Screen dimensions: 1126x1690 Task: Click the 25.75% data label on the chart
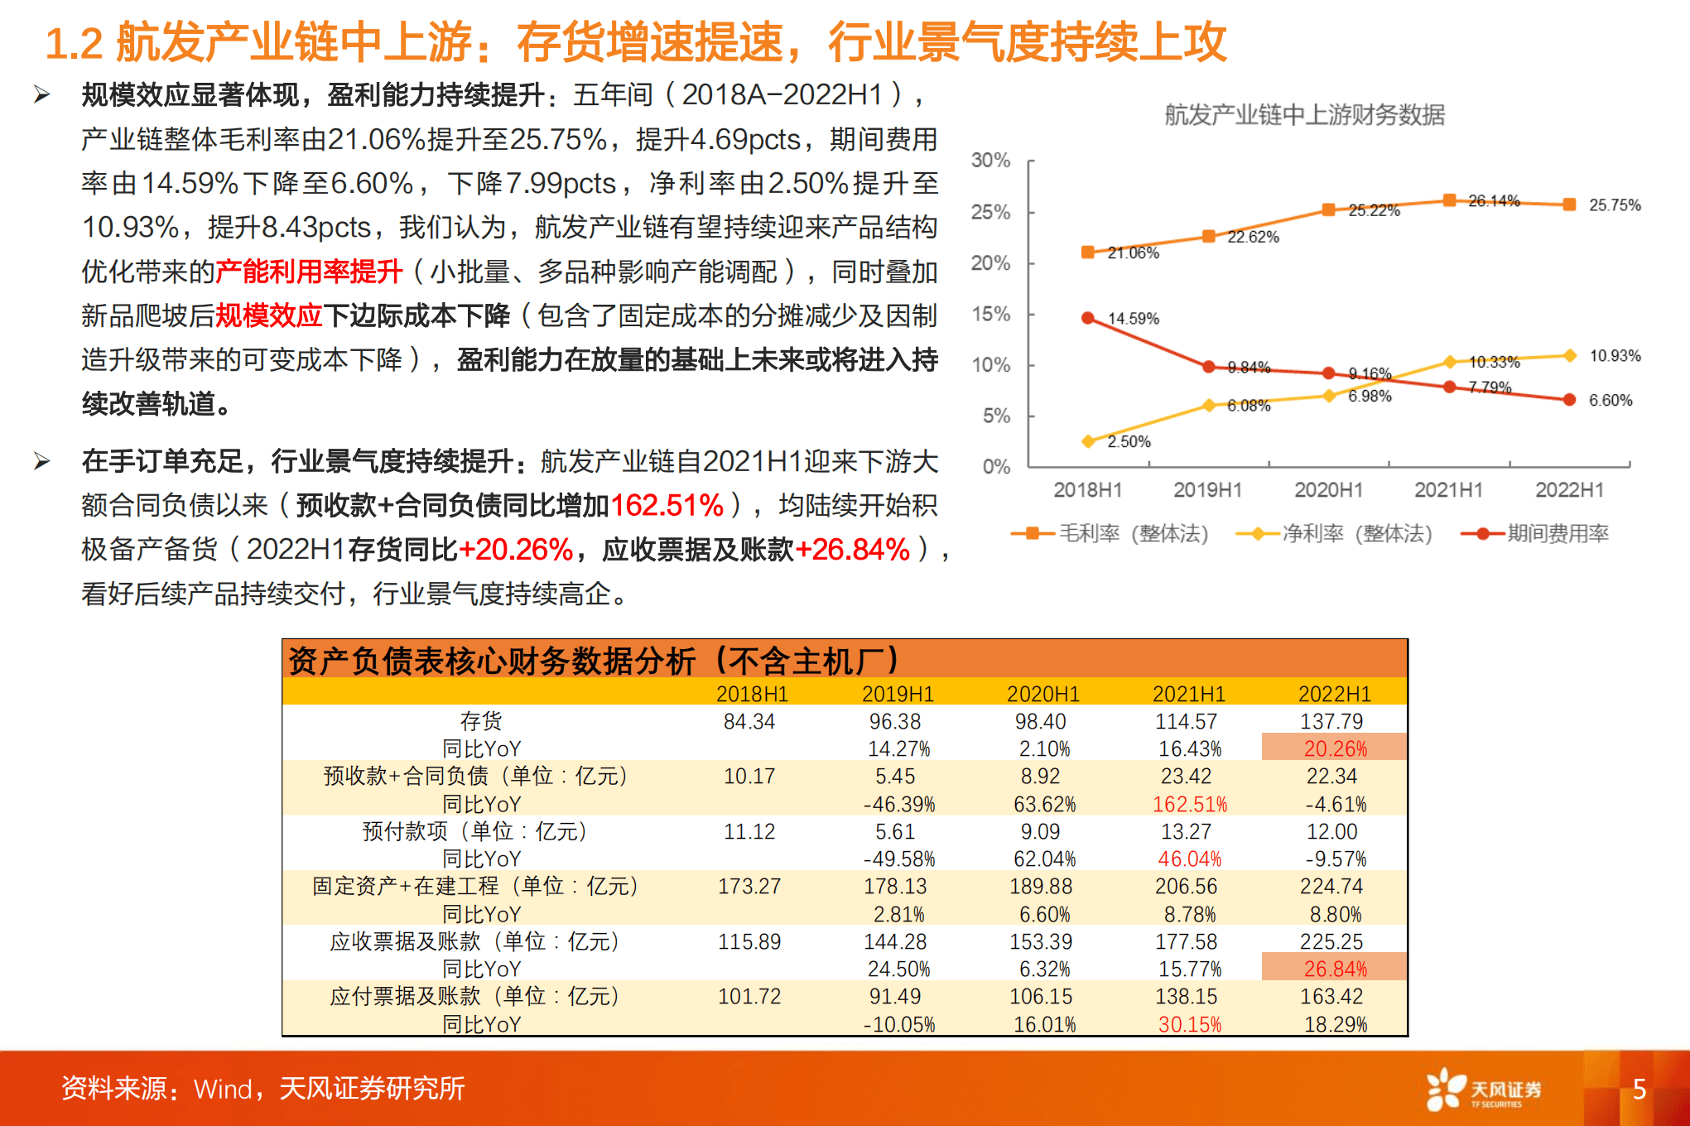[1614, 205]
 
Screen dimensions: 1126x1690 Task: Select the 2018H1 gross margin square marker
[1088, 252]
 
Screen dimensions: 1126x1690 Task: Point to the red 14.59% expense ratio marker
[1088, 318]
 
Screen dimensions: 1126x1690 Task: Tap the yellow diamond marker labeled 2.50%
[1088, 441]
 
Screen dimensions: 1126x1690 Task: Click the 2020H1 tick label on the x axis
[1328, 490]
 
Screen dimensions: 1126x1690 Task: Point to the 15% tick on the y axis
[990, 315]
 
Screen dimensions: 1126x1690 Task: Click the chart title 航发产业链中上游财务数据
[1304, 114]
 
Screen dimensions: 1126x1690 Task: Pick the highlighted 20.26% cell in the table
[1334, 748]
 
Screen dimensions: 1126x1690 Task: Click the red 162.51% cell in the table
[1189, 804]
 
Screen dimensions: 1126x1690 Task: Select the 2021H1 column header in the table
[1189, 694]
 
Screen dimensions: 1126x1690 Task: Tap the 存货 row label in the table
[481, 721]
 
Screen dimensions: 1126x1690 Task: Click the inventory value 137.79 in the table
[1331, 721]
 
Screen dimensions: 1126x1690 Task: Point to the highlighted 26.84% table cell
[1334, 969]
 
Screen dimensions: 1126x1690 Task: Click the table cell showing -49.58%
[898, 859]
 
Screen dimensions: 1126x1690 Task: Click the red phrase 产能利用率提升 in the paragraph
[309, 272]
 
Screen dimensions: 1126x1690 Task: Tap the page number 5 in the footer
[1639, 1090]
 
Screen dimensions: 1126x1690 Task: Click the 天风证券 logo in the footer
[1484, 1090]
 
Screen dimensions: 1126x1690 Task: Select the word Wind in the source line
[223, 1090]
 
